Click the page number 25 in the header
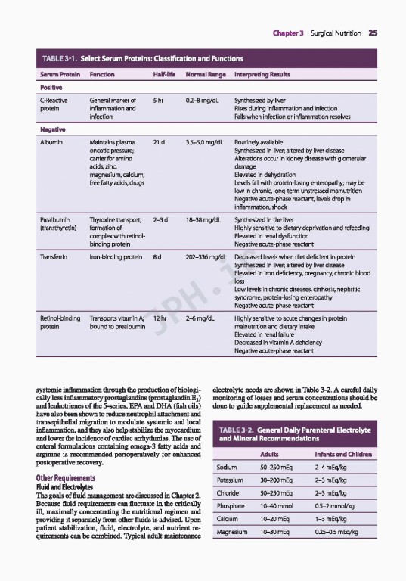pos(373,33)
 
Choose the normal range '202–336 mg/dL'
pos(207,258)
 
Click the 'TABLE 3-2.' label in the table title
pos(242,431)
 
